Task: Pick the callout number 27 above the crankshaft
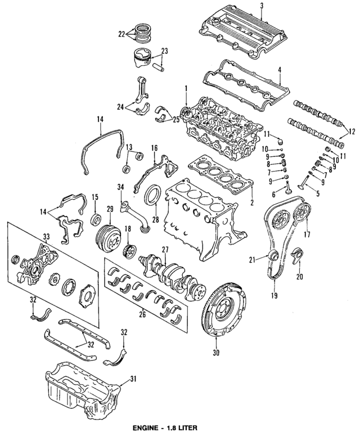point(165,250)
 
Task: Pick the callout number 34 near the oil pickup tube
point(119,187)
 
